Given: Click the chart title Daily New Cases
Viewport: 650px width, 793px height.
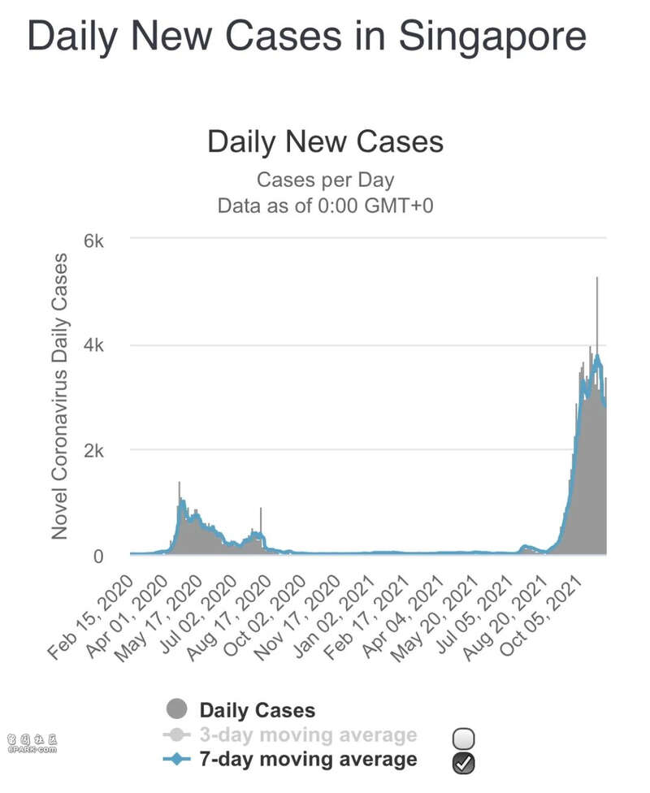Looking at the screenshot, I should [325, 141].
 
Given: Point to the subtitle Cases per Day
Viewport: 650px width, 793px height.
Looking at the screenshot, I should [325, 180].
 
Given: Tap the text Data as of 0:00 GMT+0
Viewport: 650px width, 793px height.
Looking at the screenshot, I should [325, 206].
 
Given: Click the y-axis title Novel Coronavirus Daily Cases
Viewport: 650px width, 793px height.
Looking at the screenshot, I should [59, 396].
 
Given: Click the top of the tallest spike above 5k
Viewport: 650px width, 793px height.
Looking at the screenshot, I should [597, 279].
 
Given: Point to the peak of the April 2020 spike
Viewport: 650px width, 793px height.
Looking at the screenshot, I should [180, 483].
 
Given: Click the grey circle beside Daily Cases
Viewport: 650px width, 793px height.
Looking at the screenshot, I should [175, 710].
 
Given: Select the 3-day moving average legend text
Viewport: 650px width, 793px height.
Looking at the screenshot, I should [308, 735].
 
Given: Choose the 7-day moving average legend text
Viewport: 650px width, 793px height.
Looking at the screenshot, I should [308, 760].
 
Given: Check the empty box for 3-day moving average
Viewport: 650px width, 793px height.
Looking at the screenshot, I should [464, 739].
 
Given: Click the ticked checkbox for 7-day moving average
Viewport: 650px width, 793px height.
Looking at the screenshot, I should [464, 763].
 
